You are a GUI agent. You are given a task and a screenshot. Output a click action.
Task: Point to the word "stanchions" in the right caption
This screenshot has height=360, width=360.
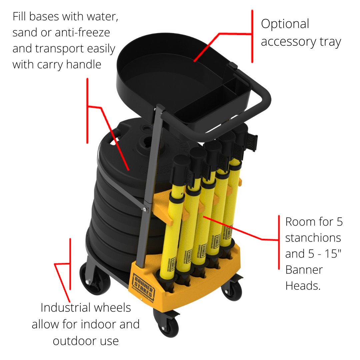tap(313, 238)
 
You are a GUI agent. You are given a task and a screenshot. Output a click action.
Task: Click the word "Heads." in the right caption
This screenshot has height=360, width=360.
tap(303, 285)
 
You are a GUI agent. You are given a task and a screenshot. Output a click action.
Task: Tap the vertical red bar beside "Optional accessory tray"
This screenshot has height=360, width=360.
tap(252, 36)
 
